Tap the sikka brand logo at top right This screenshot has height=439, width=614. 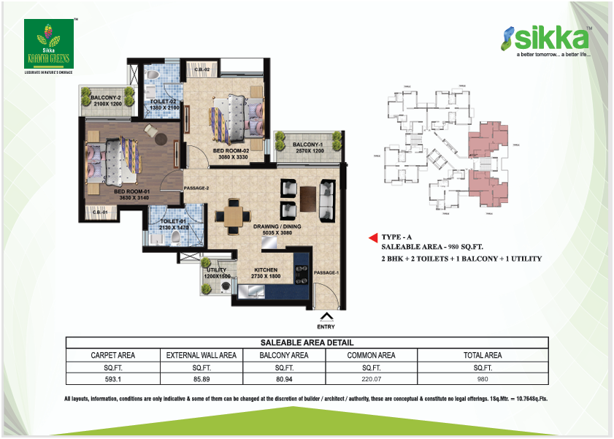tap(547, 40)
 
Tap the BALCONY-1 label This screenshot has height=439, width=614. tap(307, 148)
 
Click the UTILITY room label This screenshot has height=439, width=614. tap(216, 273)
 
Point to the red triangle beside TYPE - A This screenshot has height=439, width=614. tap(372, 237)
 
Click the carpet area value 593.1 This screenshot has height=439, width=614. tap(112, 378)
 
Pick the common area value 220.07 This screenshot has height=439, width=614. tap(371, 378)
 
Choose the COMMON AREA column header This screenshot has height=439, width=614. tap(371, 355)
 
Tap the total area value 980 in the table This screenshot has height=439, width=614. tap(482, 378)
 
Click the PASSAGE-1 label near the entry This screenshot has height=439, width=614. tap(326, 273)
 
